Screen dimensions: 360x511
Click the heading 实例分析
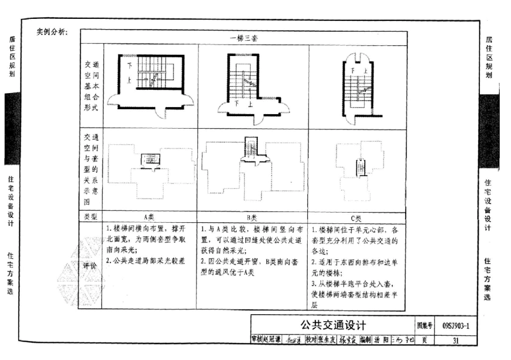coord(52,32)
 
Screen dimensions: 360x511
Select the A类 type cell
coord(149,217)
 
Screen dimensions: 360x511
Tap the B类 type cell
coord(252,217)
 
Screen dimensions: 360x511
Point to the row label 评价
coord(89,266)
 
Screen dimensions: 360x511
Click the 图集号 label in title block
coord(424,326)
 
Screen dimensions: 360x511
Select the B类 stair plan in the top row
coord(253,86)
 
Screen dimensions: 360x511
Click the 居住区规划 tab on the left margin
coord(11,57)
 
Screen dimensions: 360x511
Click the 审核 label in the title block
coord(258,340)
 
